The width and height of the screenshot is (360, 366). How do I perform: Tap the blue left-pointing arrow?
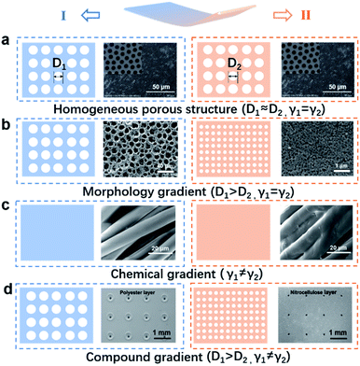(110, 13)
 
